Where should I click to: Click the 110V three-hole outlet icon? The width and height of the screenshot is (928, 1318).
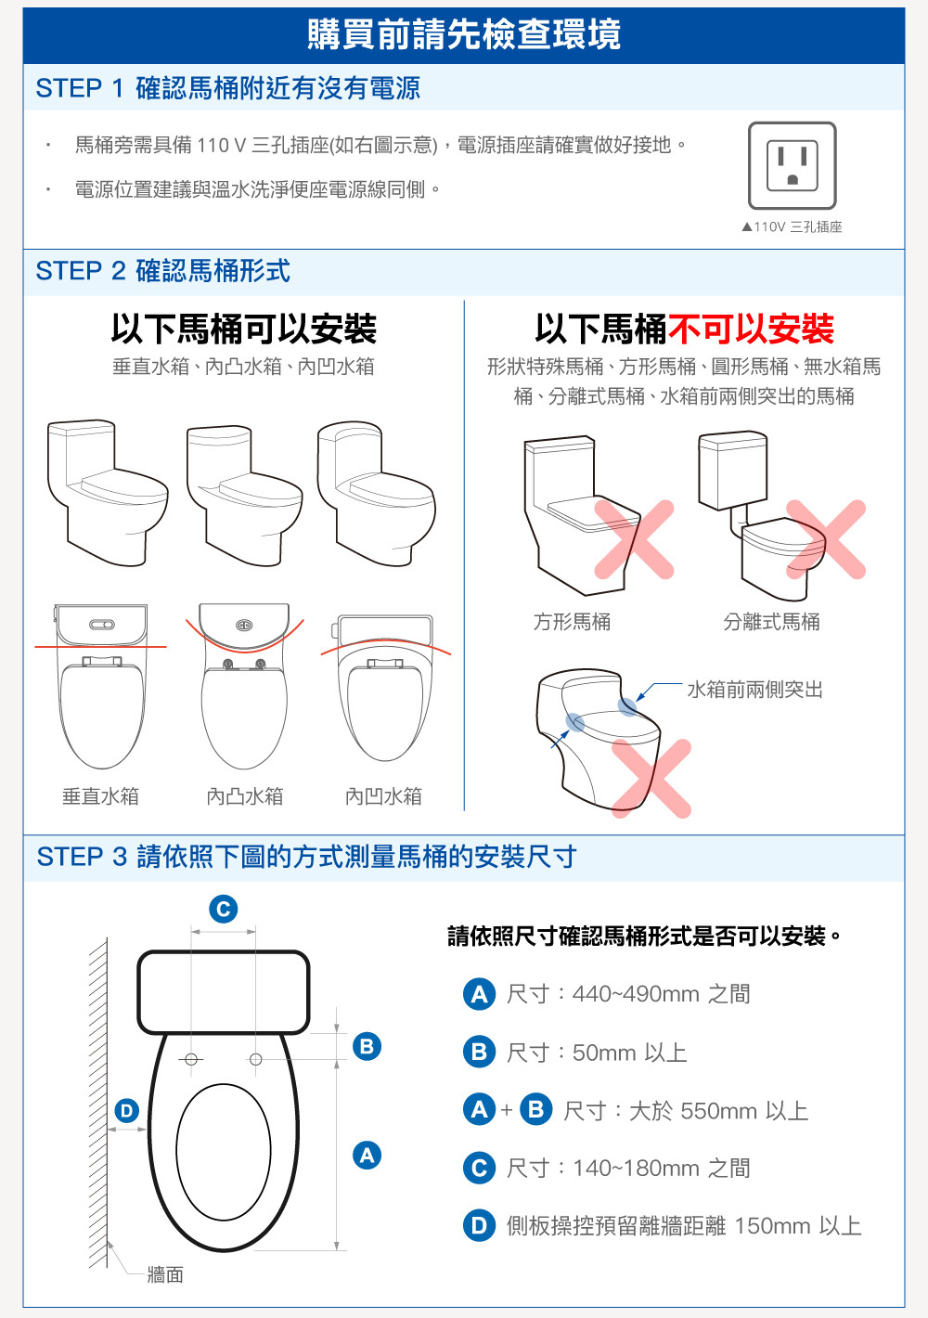point(793,165)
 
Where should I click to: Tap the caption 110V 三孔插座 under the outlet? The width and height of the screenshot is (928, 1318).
point(793,227)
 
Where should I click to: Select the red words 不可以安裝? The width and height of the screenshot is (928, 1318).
point(750,329)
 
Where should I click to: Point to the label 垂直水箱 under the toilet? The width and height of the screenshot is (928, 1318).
point(100,796)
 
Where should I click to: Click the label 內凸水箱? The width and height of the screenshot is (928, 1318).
point(245,796)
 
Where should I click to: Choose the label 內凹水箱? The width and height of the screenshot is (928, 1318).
point(383,796)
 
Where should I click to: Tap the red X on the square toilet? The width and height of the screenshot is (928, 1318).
point(634,539)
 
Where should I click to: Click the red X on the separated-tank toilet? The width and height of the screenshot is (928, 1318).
point(826,539)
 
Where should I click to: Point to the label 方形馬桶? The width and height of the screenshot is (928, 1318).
point(572,621)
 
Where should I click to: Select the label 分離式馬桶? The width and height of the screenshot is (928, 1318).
point(771,621)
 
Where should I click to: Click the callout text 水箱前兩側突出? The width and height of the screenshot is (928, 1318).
point(755,689)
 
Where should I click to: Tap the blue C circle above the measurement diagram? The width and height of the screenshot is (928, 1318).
point(224,909)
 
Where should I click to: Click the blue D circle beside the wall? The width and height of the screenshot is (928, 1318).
point(126,1111)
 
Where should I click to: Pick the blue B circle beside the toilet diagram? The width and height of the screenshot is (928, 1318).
point(367,1046)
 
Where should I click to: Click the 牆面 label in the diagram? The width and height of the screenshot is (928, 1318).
point(165,1275)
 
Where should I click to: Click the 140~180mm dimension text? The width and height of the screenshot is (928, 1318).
point(636,1168)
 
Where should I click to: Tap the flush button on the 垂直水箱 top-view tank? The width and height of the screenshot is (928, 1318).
point(102,625)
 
